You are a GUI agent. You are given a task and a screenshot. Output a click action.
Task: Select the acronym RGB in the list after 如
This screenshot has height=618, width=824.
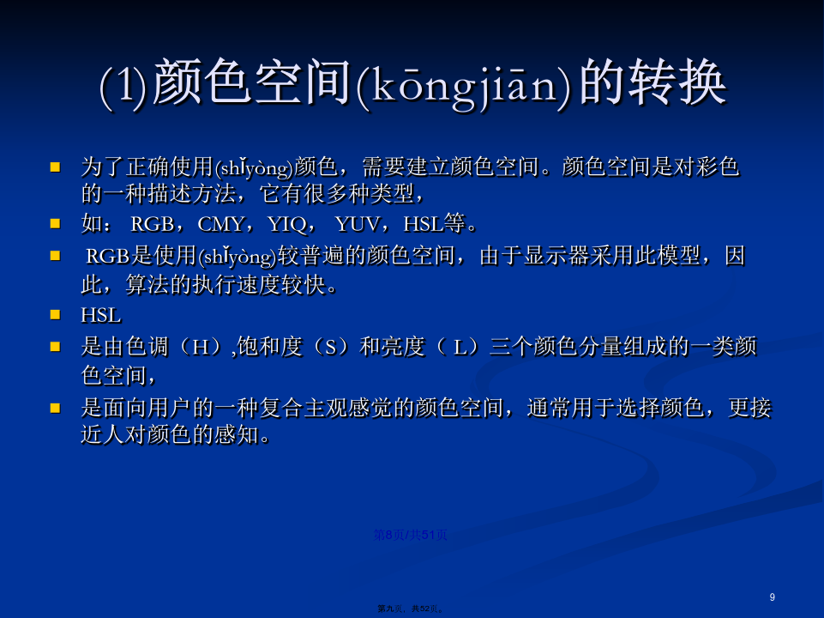coord(153,225)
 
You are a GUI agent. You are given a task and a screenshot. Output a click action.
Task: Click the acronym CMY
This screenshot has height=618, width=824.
coord(220,225)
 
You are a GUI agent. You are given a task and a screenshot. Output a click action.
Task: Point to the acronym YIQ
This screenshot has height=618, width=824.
coord(287,225)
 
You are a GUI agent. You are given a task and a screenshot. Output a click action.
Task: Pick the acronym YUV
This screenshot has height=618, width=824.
coord(357,225)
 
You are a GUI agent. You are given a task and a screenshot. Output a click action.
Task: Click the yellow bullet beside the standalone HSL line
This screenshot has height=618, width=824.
coord(55,314)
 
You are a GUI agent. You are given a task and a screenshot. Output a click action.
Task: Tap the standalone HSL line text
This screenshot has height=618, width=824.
coord(101,316)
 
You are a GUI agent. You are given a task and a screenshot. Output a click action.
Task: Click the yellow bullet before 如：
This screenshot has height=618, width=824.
coord(55,223)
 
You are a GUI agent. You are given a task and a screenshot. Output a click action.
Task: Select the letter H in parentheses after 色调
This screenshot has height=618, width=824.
coord(201,347)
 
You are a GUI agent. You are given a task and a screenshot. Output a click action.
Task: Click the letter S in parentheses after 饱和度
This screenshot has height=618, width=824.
coord(331,347)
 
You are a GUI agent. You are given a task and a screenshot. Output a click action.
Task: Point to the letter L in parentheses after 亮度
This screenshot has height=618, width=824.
coord(460,347)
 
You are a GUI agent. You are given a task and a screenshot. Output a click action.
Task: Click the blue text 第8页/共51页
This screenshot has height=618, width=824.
coord(411,536)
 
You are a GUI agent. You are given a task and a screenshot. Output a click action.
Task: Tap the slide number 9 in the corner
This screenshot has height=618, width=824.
coord(772,597)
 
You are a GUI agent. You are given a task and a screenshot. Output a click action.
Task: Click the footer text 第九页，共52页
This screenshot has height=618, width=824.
coord(411,609)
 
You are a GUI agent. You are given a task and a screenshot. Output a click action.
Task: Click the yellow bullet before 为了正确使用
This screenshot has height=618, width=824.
coord(55,167)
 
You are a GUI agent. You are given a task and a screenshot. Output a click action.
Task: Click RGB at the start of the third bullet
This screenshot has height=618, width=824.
coord(108,256)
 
